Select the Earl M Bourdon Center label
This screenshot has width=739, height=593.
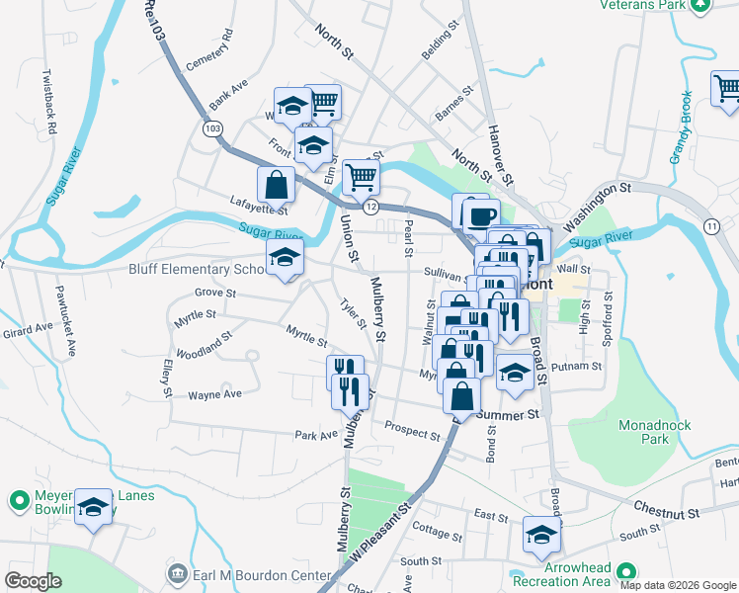pyautogui.click(x=249, y=574)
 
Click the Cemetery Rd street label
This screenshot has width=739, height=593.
pyautogui.click(x=209, y=47)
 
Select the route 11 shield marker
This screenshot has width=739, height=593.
pyautogui.click(x=712, y=226)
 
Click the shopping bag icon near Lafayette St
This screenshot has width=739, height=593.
pyautogui.click(x=276, y=183)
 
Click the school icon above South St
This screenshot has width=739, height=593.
pyautogui.click(x=541, y=535)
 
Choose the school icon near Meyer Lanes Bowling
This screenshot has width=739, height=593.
pyautogui.click(x=94, y=508)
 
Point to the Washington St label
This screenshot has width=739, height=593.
pyautogui.click(x=597, y=199)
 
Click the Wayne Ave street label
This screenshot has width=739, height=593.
pyautogui.click(x=214, y=394)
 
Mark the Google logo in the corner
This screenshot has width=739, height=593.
pyautogui.click(x=34, y=581)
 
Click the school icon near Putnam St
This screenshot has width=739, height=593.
pyautogui.click(x=515, y=373)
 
